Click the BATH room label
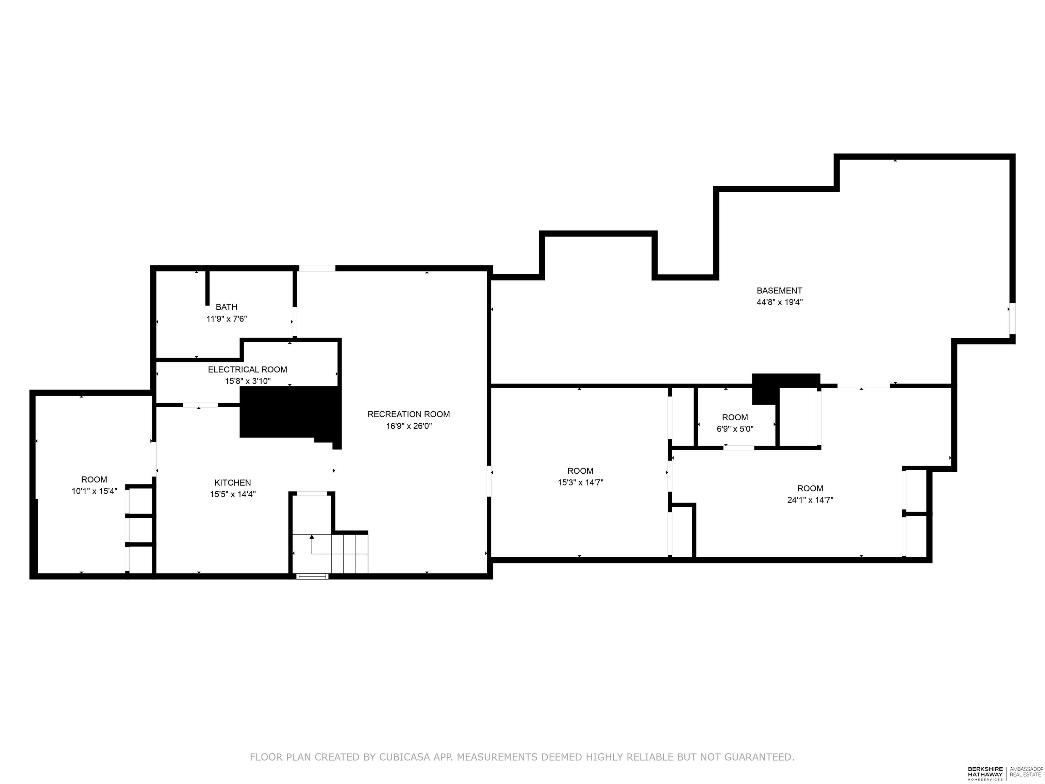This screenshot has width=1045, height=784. tap(226, 307)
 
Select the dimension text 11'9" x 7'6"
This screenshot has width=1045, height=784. tap(226, 319)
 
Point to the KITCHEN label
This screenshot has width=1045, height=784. tap(232, 483)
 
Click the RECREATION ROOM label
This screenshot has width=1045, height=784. tap(409, 414)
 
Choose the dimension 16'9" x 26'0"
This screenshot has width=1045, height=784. tap(409, 426)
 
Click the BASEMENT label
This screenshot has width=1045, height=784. tap(779, 291)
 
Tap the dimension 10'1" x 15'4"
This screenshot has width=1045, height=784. tap(94, 491)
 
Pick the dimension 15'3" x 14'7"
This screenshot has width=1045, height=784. tap(580, 483)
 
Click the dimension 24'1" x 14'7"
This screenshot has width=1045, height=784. tap(810, 500)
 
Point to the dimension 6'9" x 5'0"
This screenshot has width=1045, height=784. tap(735, 429)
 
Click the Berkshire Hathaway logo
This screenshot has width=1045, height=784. tap(985, 773)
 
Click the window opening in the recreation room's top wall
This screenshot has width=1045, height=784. tap(317, 268)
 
